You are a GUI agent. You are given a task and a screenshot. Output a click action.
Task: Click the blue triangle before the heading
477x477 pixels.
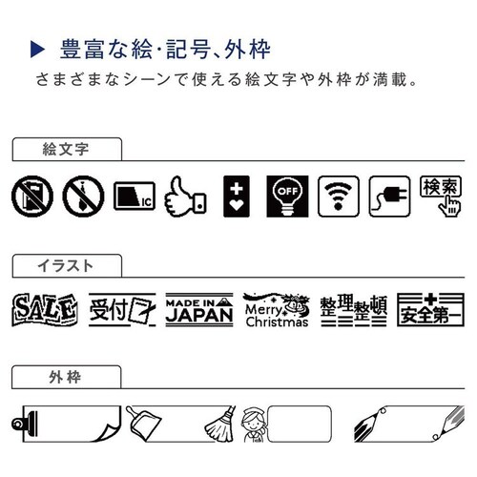(37, 50)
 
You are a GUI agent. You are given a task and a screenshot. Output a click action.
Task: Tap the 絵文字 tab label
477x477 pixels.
(66, 149)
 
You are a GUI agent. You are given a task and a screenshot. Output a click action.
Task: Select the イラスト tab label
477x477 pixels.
(65, 266)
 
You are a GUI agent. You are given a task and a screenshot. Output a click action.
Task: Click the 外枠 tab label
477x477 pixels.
(65, 377)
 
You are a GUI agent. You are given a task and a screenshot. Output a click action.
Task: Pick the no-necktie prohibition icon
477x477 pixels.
(83, 197)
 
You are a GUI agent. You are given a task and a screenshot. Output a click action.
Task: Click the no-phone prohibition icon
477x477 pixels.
(32, 197)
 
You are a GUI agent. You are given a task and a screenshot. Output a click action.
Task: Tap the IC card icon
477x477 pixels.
(135, 197)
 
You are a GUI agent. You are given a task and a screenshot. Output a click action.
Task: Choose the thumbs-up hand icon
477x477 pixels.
(185, 197)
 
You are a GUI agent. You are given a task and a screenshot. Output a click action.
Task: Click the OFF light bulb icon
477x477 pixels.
(287, 197)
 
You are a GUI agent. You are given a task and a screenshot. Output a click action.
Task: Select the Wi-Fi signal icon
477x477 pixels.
(339, 197)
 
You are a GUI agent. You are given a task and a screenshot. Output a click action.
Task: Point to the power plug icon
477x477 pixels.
(389, 197)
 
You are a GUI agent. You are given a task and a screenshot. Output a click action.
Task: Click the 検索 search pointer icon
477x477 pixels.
(441, 197)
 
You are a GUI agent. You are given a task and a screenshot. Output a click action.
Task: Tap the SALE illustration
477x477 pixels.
(45, 310)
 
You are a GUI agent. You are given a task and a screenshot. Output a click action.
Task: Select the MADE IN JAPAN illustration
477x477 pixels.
(199, 310)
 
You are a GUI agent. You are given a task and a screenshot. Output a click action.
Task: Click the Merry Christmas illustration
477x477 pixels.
(277, 310)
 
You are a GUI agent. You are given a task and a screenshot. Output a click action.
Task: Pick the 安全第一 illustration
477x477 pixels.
(430, 310)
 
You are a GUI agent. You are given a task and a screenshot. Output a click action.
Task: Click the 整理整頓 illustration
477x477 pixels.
(354, 311)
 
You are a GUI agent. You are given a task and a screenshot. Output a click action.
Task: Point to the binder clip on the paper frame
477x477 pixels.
(25, 424)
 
